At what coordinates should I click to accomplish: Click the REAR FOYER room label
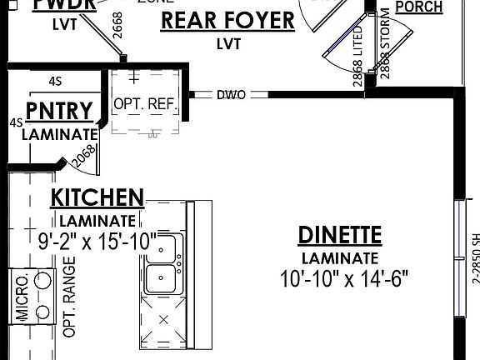[227, 20]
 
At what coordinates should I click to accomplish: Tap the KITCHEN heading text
[97, 198]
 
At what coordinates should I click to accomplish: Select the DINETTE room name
[340, 236]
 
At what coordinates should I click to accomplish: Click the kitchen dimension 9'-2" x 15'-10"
[97, 242]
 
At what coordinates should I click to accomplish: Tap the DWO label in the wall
[231, 95]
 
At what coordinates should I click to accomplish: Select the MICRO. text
[22, 297]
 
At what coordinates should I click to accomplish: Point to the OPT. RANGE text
[69, 297]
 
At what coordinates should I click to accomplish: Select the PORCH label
[418, 7]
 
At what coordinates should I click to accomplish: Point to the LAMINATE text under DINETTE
[340, 258]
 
